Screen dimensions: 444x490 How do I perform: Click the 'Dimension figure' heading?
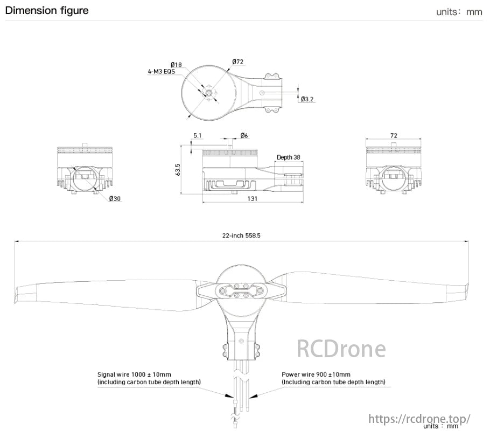[47, 11]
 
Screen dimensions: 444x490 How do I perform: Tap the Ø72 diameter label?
[239, 63]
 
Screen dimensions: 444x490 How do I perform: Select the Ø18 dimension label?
[176, 65]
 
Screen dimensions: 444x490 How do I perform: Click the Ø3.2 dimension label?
[307, 99]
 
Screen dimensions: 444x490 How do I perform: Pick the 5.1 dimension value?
[198, 136]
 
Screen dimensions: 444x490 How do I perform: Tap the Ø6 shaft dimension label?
[244, 136]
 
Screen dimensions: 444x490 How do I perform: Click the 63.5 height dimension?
[178, 169]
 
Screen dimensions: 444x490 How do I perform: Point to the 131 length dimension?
[253, 199]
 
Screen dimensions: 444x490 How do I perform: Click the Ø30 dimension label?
[115, 199]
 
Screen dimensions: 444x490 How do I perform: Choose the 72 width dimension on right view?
[394, 136]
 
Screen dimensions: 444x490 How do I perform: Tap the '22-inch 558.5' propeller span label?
[241, 235]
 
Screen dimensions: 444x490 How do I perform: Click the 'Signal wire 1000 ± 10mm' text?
[134, 374]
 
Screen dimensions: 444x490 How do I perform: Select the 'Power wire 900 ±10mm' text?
[316, 374]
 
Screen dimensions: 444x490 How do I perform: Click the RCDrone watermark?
[341, 349]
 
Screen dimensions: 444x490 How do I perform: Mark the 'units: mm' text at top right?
[459, 12]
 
